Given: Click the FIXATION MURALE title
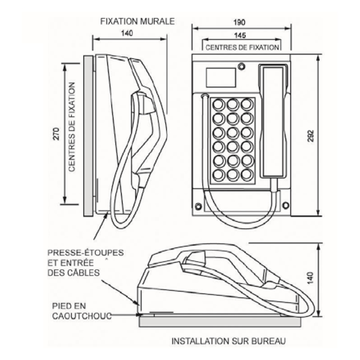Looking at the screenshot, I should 136,21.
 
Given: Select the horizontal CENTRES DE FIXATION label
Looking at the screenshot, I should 242,47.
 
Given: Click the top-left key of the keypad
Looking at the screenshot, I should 218,105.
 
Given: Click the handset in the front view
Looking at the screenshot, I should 273,121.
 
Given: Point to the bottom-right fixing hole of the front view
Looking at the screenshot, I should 285,206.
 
